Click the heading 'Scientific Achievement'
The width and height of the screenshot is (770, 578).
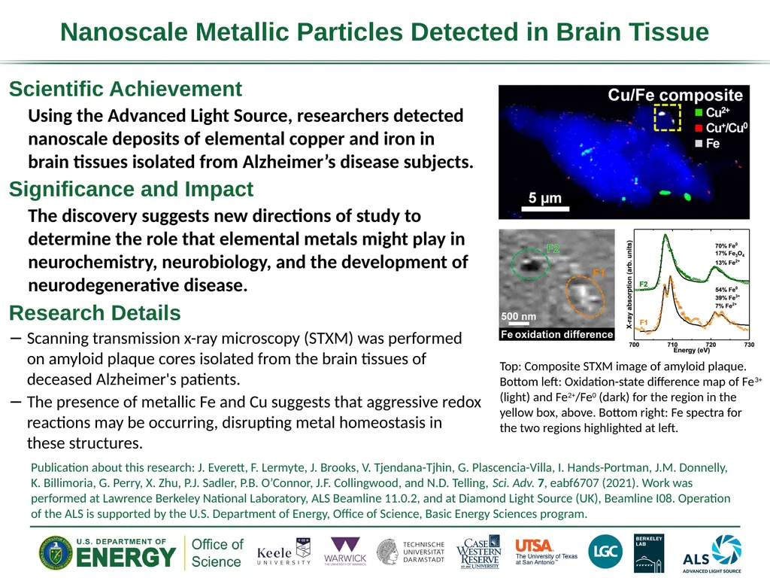click(x=126, y=89)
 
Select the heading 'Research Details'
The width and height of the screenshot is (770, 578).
click(x=95, y=313)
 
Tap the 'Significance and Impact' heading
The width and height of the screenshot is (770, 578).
click(x=131, y=189)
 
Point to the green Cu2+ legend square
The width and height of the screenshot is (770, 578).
click(x=699, y=113)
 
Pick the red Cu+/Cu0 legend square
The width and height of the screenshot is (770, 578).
click(x=699, y=128)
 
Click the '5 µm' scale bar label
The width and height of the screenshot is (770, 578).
click(x=544, y=198)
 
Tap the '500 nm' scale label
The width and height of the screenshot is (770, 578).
click(x=519, y=317)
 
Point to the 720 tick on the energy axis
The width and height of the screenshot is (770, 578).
click(x=711, y=345)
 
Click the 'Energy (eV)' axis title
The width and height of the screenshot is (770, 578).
click(x=692, y=350)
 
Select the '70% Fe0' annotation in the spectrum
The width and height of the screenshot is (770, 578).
click(x=726, y=246)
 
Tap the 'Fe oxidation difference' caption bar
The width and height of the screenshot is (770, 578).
click(x=557, y=334)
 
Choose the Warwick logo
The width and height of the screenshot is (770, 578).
click(x=345, y=551)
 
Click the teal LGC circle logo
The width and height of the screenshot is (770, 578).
click(x=605, y=552)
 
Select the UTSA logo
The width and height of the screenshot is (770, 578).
click(x=546, y=552)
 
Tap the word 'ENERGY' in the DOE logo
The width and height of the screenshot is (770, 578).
click(x=126, y=558)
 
